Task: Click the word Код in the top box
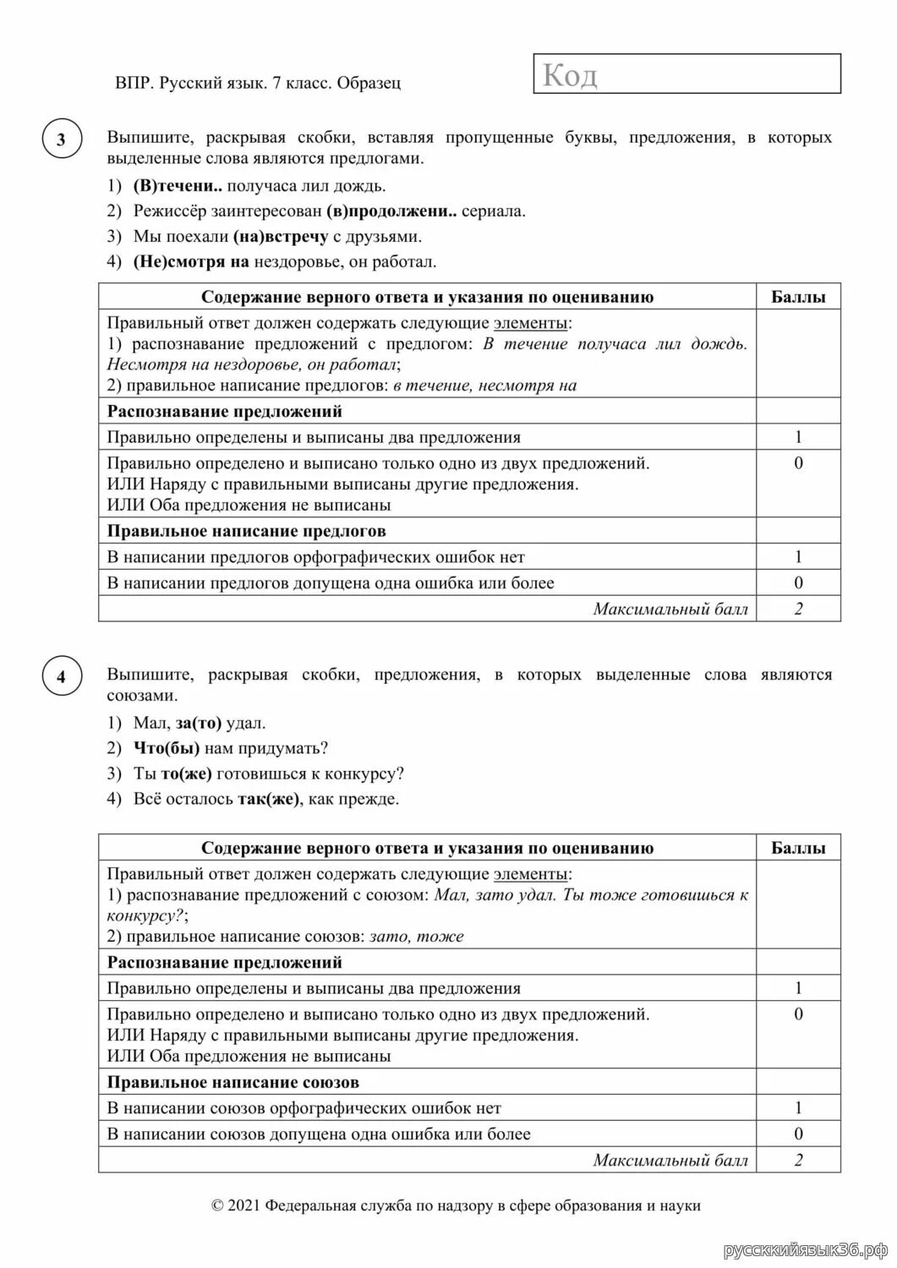tap(570, 75)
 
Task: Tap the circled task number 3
tap(61, 140)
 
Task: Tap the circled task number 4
tap(61, 677)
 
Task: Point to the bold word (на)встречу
tap(280, 237)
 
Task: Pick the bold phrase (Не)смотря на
tap(191, 262)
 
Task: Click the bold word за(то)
tap(199, 724)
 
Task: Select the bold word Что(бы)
tap(167, 749)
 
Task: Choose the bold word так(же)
tap(268, 800)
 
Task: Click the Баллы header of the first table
tap(798, 297)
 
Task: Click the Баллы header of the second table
tap(798, 848)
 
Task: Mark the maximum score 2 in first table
tap(798, 609)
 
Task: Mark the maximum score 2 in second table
tap(798, 1160)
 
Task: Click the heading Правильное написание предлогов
tap(246, 531)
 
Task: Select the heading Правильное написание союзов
tap(233, 1082)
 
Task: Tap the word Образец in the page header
tap(369, 83)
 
